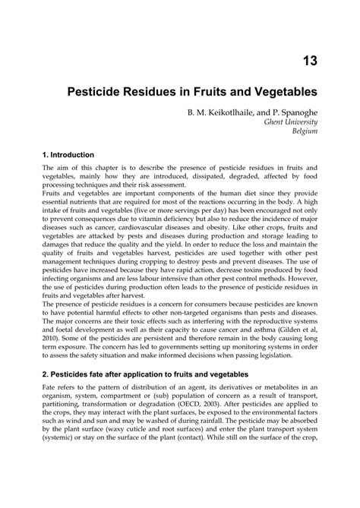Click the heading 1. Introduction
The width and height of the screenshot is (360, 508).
point(73,153)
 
